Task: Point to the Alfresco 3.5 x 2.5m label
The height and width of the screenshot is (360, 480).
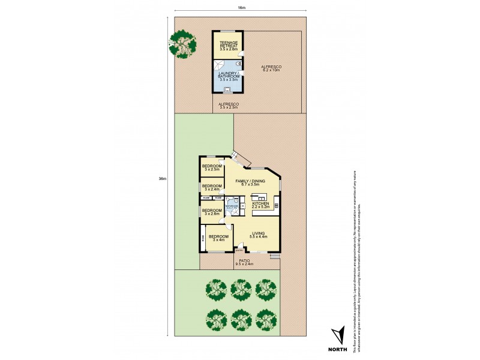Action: click(x=229, y=106)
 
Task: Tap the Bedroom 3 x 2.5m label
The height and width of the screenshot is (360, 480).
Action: click(x=212, y=167)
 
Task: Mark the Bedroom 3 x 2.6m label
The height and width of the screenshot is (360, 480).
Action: click(x=212, y=212)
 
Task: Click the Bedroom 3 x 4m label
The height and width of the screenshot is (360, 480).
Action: click(x=218, y=239)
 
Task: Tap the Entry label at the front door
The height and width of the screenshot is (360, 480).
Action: click(x=239, y=251)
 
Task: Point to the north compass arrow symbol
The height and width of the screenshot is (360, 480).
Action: click(x=340, y=334)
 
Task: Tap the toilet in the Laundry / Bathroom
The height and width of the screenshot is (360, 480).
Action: click(x=239, y=62)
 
